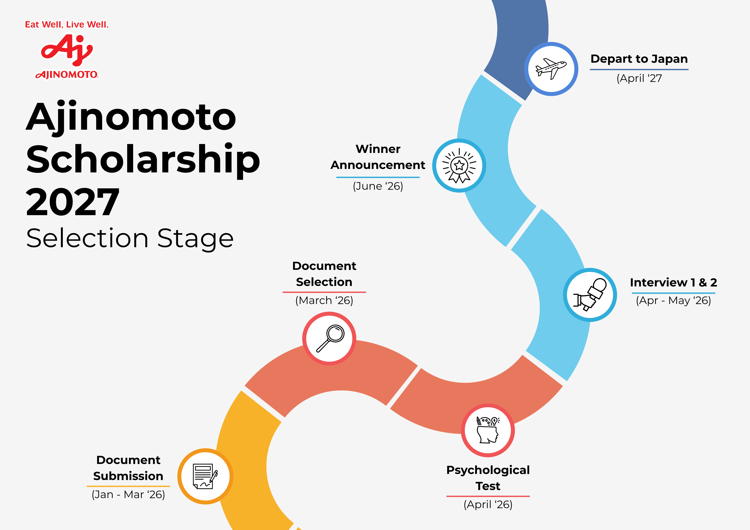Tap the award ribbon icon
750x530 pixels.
click(459, 165)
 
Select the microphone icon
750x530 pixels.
click(590, 295)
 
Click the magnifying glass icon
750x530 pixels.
click(329, 339)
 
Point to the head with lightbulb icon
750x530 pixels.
click(488, 430)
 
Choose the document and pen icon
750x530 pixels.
click(205, 476)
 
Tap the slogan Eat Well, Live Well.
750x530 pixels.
click(67, 25)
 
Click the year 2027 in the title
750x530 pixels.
click(73, 202)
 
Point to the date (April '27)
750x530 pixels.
click(639, 78)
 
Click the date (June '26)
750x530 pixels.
click(378, 186)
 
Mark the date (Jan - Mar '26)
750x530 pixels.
click(128, 494)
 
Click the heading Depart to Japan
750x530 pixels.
click(639, 59)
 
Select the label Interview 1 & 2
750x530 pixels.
click(673, 282)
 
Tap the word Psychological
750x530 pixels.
click(488, 470)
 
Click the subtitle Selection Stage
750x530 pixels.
click(130, 238)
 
